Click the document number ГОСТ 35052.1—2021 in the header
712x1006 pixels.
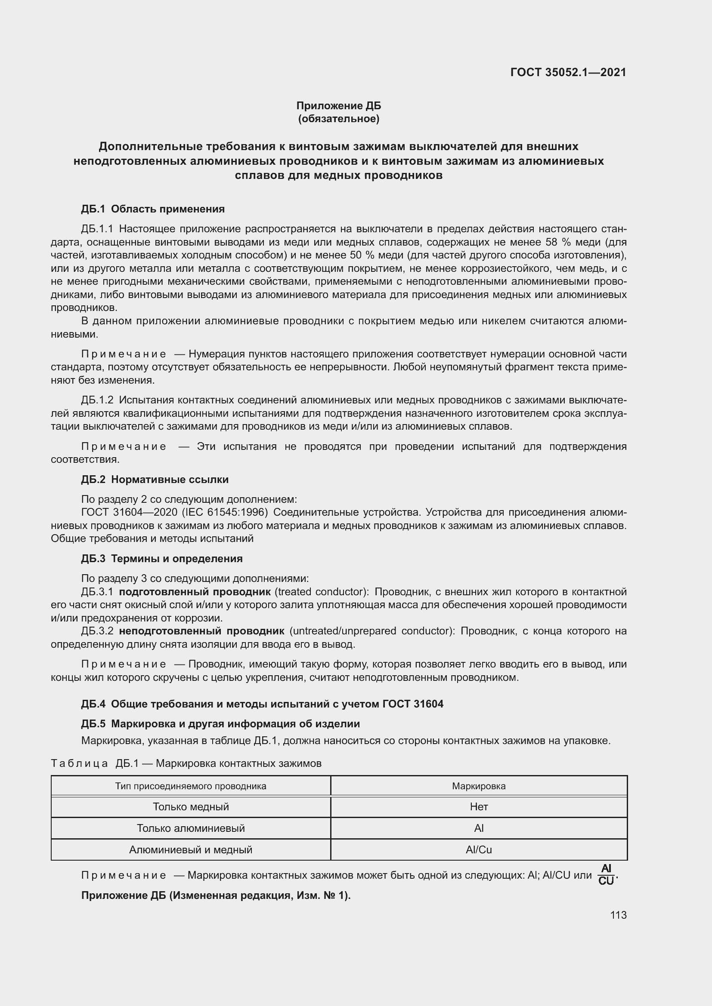[568, 72]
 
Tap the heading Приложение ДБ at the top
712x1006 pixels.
[338, 106]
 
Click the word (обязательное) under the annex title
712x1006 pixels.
[338, 119]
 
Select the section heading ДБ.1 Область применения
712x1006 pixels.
[152, 209]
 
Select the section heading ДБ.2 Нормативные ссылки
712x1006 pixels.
[155, 479]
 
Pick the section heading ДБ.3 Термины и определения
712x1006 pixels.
[162, 559]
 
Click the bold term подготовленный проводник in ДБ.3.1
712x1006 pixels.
[195, 592]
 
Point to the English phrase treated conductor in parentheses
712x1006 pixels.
[322, 592]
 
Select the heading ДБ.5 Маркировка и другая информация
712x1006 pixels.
[220, 723]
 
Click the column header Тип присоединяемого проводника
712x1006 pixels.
[191, 786]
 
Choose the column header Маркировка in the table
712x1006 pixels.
[479, 786]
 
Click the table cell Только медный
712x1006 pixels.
[191, 806]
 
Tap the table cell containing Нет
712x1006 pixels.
[479, 806]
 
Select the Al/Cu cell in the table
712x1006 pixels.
[479, 849]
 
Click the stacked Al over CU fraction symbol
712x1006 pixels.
[606, 874]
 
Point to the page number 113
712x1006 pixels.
[618, 915]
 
